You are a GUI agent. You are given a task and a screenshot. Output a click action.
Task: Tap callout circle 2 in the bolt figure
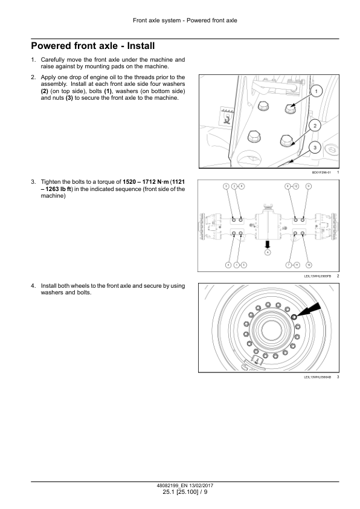315,125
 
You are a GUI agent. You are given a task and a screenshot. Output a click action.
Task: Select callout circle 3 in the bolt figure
315,147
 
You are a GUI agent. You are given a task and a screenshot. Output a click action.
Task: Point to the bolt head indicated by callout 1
288,110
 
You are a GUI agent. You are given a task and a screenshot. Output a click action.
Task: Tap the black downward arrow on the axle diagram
268,243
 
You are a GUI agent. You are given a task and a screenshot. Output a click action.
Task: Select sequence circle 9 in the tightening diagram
308,186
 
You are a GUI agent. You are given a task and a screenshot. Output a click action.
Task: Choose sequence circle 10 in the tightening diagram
309,265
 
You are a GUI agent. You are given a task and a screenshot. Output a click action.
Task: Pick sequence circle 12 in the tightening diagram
295,186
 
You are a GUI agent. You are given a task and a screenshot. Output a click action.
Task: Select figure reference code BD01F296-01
321,172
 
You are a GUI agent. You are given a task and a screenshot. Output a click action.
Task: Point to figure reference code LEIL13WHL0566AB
318,378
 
